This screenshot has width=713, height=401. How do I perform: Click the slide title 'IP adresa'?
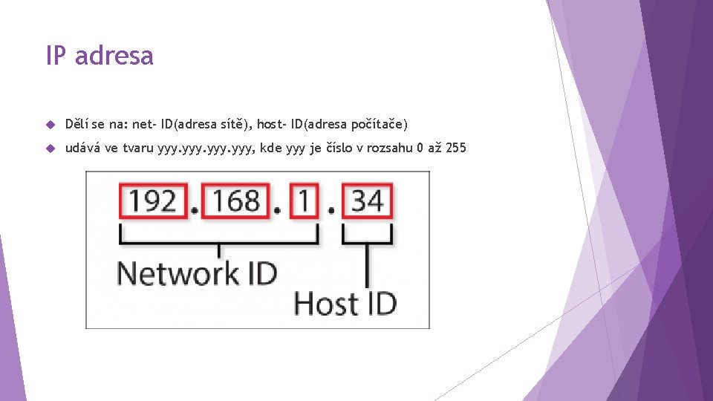point(100,56)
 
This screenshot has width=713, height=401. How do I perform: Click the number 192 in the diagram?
point(152,200)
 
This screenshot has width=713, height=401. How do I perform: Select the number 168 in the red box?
point(235,200)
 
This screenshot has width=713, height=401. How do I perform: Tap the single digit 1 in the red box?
point(304,200)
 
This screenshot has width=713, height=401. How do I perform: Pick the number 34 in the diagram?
point(367,200)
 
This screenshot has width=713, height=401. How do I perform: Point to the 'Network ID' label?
point(197,273)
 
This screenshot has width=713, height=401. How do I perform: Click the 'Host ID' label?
point(345,303)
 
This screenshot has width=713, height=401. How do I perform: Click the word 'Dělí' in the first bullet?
point(77,123)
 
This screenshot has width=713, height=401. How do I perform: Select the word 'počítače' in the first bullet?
point(379,123)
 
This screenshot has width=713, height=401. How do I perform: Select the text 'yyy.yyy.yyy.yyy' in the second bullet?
point(201,149)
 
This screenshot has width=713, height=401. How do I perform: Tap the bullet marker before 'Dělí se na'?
point(50,123)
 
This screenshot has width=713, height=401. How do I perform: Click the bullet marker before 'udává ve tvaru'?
point(50,148)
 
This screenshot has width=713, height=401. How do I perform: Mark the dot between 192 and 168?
point(194,211)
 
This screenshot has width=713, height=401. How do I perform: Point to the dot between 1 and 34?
point(331,211)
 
